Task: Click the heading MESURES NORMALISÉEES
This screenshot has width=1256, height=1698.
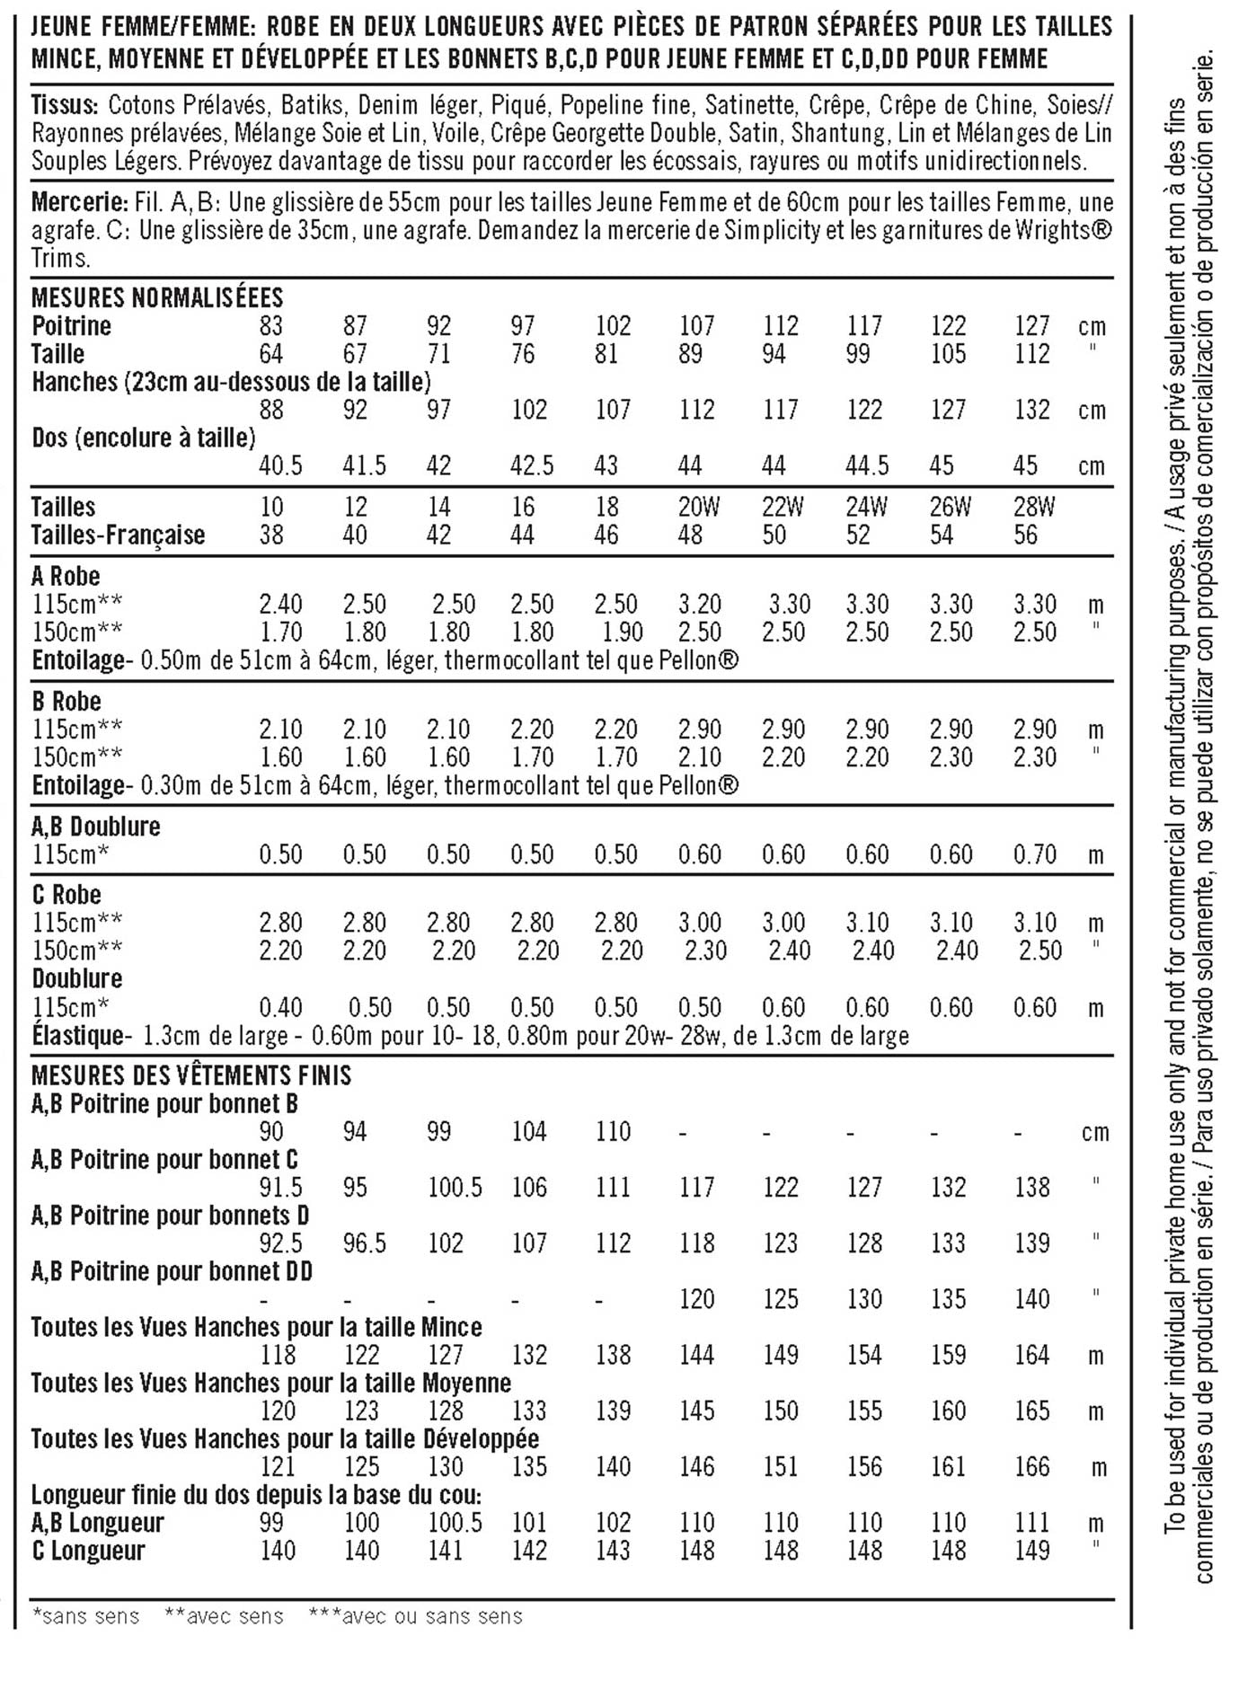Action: [157, 297]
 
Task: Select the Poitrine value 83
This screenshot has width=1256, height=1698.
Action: [270, 325]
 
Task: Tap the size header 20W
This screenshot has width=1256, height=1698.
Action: [698, 507]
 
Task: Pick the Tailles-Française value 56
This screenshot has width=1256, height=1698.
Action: [1025, 535]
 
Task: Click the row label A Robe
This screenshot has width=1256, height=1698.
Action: [66, 576]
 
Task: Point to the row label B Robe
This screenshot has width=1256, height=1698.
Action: [66, 701]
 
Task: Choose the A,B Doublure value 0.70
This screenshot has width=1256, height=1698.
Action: [1034, 853]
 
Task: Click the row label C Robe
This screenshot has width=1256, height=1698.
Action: [66, 895]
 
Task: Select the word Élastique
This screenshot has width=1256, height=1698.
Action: [77, 1035]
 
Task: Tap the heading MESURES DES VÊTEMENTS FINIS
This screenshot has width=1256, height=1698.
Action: [191, 1075]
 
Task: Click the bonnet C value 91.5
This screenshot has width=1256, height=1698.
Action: [280, 1187]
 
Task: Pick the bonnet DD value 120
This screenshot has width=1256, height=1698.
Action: [696, 1298]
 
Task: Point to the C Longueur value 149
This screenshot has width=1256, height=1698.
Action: [1031, 1550]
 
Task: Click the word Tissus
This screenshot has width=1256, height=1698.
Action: [64, 105]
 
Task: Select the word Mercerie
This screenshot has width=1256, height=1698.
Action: [78, 202]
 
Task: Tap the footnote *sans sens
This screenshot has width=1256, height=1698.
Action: [85, 1616]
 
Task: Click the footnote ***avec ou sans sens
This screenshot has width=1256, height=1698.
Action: [415, 1616]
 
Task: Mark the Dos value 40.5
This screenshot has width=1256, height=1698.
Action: [280, 465]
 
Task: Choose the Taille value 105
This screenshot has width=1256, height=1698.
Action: [947, 354]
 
